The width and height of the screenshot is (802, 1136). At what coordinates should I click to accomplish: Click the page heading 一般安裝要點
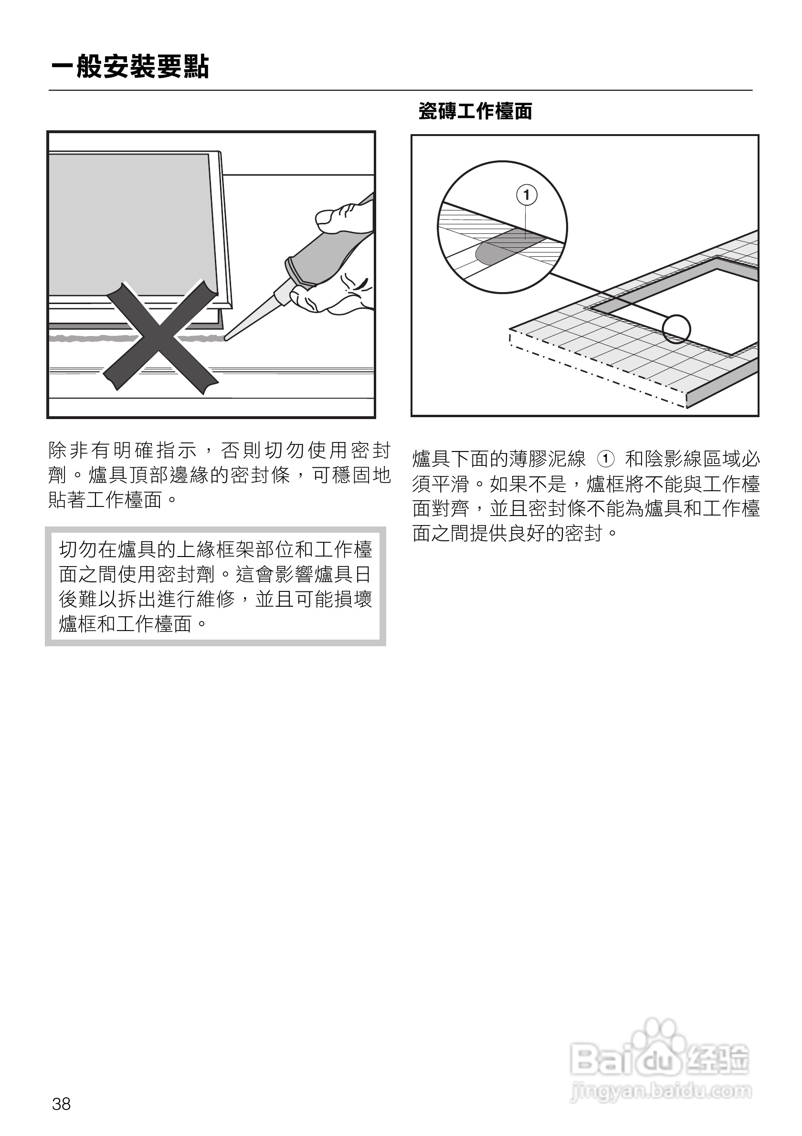(x=130, y=67)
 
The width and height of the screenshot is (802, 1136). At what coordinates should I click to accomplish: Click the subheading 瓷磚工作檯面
(x=475, y=111)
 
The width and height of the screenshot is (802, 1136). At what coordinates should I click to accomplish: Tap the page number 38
(x=62, y=1104)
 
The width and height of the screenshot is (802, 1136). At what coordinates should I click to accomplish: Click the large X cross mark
(x=160, y=337)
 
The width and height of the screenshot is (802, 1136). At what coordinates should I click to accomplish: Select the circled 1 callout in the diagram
(x=527, y=195)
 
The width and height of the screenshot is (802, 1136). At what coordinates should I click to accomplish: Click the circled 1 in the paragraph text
(x=606, y=459)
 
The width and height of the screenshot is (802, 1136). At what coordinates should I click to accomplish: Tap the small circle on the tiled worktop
(x=676, y=329)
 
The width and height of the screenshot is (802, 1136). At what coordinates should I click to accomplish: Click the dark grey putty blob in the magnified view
(x=500, y=250)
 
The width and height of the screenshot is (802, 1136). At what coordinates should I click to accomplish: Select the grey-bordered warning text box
(x=215, y=586)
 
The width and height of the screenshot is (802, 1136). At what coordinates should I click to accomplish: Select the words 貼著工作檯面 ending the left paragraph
(x=106, y=500)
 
